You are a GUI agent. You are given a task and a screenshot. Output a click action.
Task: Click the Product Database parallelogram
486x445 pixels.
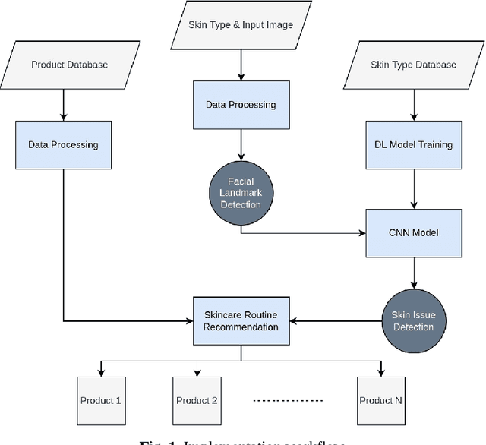69,65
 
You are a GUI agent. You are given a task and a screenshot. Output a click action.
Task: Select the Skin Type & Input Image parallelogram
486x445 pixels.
241,24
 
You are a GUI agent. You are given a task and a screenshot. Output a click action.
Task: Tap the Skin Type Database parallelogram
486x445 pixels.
413,65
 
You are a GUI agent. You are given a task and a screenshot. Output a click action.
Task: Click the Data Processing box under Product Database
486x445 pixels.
64,144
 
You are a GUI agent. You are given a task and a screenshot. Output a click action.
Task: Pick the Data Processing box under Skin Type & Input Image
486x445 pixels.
241,103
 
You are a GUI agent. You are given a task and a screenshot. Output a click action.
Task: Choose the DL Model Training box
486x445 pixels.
413,144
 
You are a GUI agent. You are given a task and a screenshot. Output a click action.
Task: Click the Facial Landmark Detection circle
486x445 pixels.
241,193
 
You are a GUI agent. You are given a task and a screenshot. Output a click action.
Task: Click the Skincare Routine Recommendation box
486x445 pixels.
241,320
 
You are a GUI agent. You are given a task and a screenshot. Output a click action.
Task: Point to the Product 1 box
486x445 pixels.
100,400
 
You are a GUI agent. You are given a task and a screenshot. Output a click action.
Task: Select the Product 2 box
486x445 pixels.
197,400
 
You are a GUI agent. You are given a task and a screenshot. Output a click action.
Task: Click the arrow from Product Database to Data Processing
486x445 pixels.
64,104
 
